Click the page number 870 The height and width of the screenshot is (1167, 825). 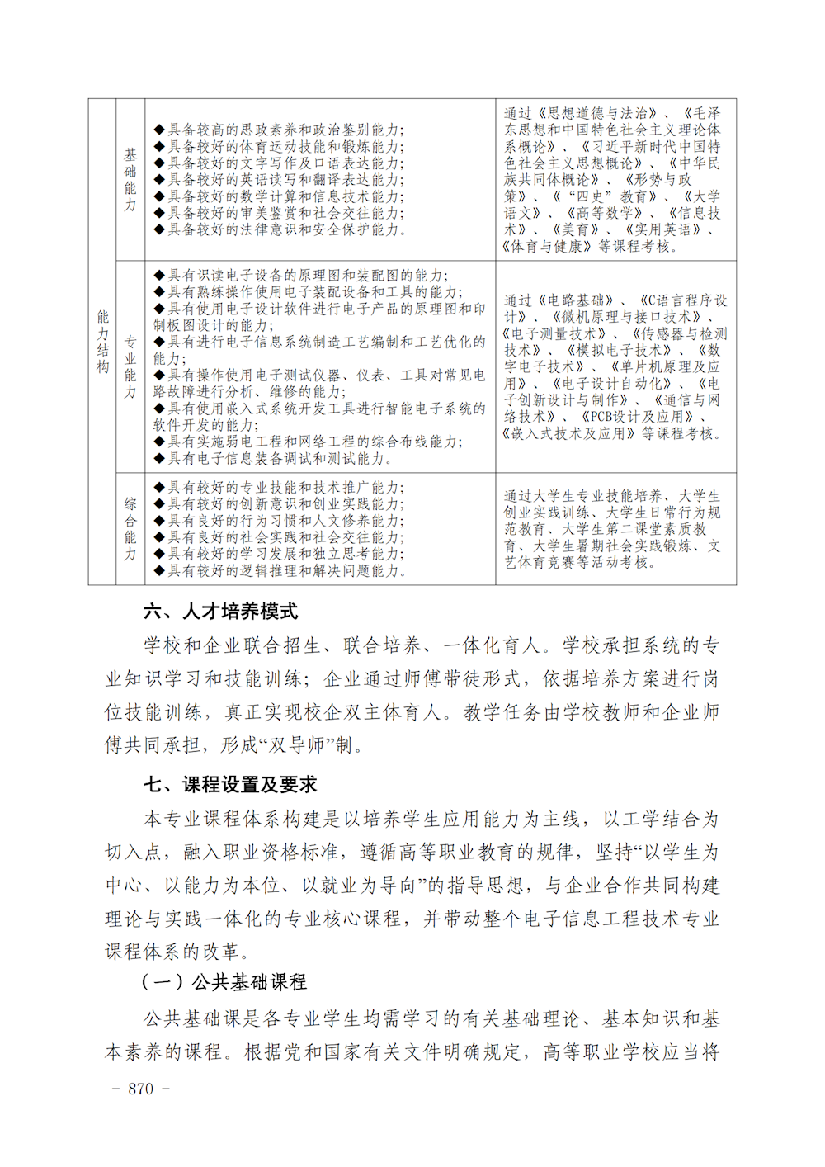140,1089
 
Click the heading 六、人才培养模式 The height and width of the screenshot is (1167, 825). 220,612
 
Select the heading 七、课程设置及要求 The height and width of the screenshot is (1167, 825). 230,784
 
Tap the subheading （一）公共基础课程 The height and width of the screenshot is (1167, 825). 224,982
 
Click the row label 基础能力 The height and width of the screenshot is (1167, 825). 130,180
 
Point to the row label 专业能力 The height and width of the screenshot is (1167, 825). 130,366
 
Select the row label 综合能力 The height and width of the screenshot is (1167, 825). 130,529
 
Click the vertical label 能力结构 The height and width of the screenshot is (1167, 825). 102,342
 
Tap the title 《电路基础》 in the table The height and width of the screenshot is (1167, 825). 576,300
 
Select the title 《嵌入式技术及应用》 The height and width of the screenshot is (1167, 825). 569,433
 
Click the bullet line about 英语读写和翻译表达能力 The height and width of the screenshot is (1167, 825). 279,180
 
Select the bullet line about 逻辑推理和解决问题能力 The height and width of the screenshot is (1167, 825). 280,570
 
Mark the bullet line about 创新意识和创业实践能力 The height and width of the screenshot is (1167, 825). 279,504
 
